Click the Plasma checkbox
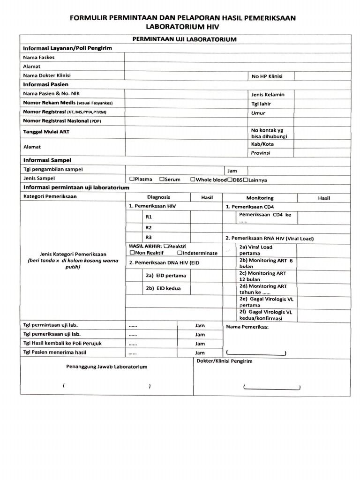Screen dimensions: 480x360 point(132,179)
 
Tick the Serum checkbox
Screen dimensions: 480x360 point(162,179)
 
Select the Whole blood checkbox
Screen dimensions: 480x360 point(193,179)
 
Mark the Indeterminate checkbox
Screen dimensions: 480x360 point(180,253)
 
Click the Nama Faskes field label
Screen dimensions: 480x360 point(39,57)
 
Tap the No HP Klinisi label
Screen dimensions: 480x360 point(267,76)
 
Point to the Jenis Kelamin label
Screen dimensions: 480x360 point(268,94)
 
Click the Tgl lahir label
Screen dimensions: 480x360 point(261,104)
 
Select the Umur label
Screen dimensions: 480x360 point(258,113)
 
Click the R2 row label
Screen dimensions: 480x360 point(149,227)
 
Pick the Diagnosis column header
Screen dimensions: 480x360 point(158,197)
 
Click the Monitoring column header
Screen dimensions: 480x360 point(260,198)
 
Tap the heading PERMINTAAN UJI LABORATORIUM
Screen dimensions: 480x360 point(185,39)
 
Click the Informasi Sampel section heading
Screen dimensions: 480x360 point(45,160)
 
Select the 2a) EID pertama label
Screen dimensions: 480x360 point(166,275)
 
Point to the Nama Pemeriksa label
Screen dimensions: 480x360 point(247,327)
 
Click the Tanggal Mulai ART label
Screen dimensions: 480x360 point(46,132)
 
